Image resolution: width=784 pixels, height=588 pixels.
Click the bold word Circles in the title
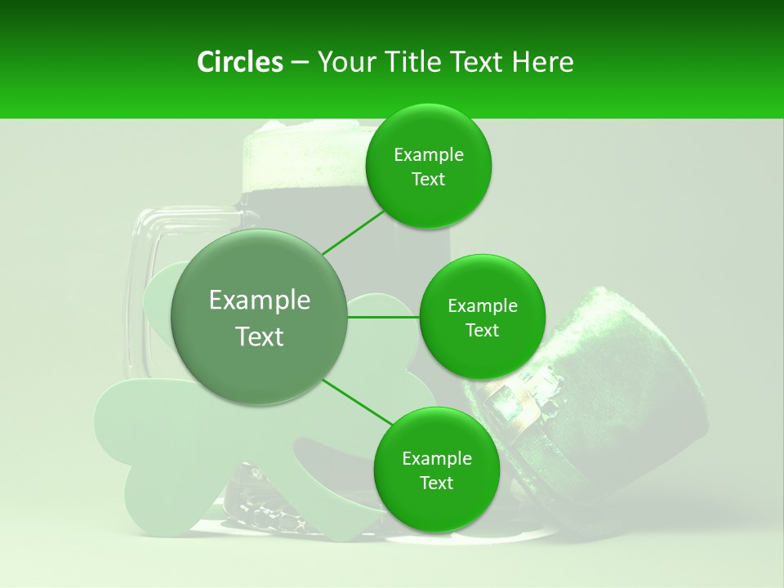coord(240,62)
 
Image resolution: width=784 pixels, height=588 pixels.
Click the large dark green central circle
coord(259,317)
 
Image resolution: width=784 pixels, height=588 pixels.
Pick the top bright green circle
coord(428,167)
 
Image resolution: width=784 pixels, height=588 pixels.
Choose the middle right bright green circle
coord(482,317)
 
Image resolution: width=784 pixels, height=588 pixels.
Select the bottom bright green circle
coord(436,470)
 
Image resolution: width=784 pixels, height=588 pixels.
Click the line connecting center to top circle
coord(353,230)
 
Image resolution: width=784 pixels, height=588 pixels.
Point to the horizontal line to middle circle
coord(383,317)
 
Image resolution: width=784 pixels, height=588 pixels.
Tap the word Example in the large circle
coord(259,301)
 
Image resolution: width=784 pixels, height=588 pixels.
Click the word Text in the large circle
coord(259,336)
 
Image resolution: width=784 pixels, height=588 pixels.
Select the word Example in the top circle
coord(428,155)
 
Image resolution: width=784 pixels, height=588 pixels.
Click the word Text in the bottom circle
coord(436,483)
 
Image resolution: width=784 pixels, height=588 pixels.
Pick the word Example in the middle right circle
coord(482,306)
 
